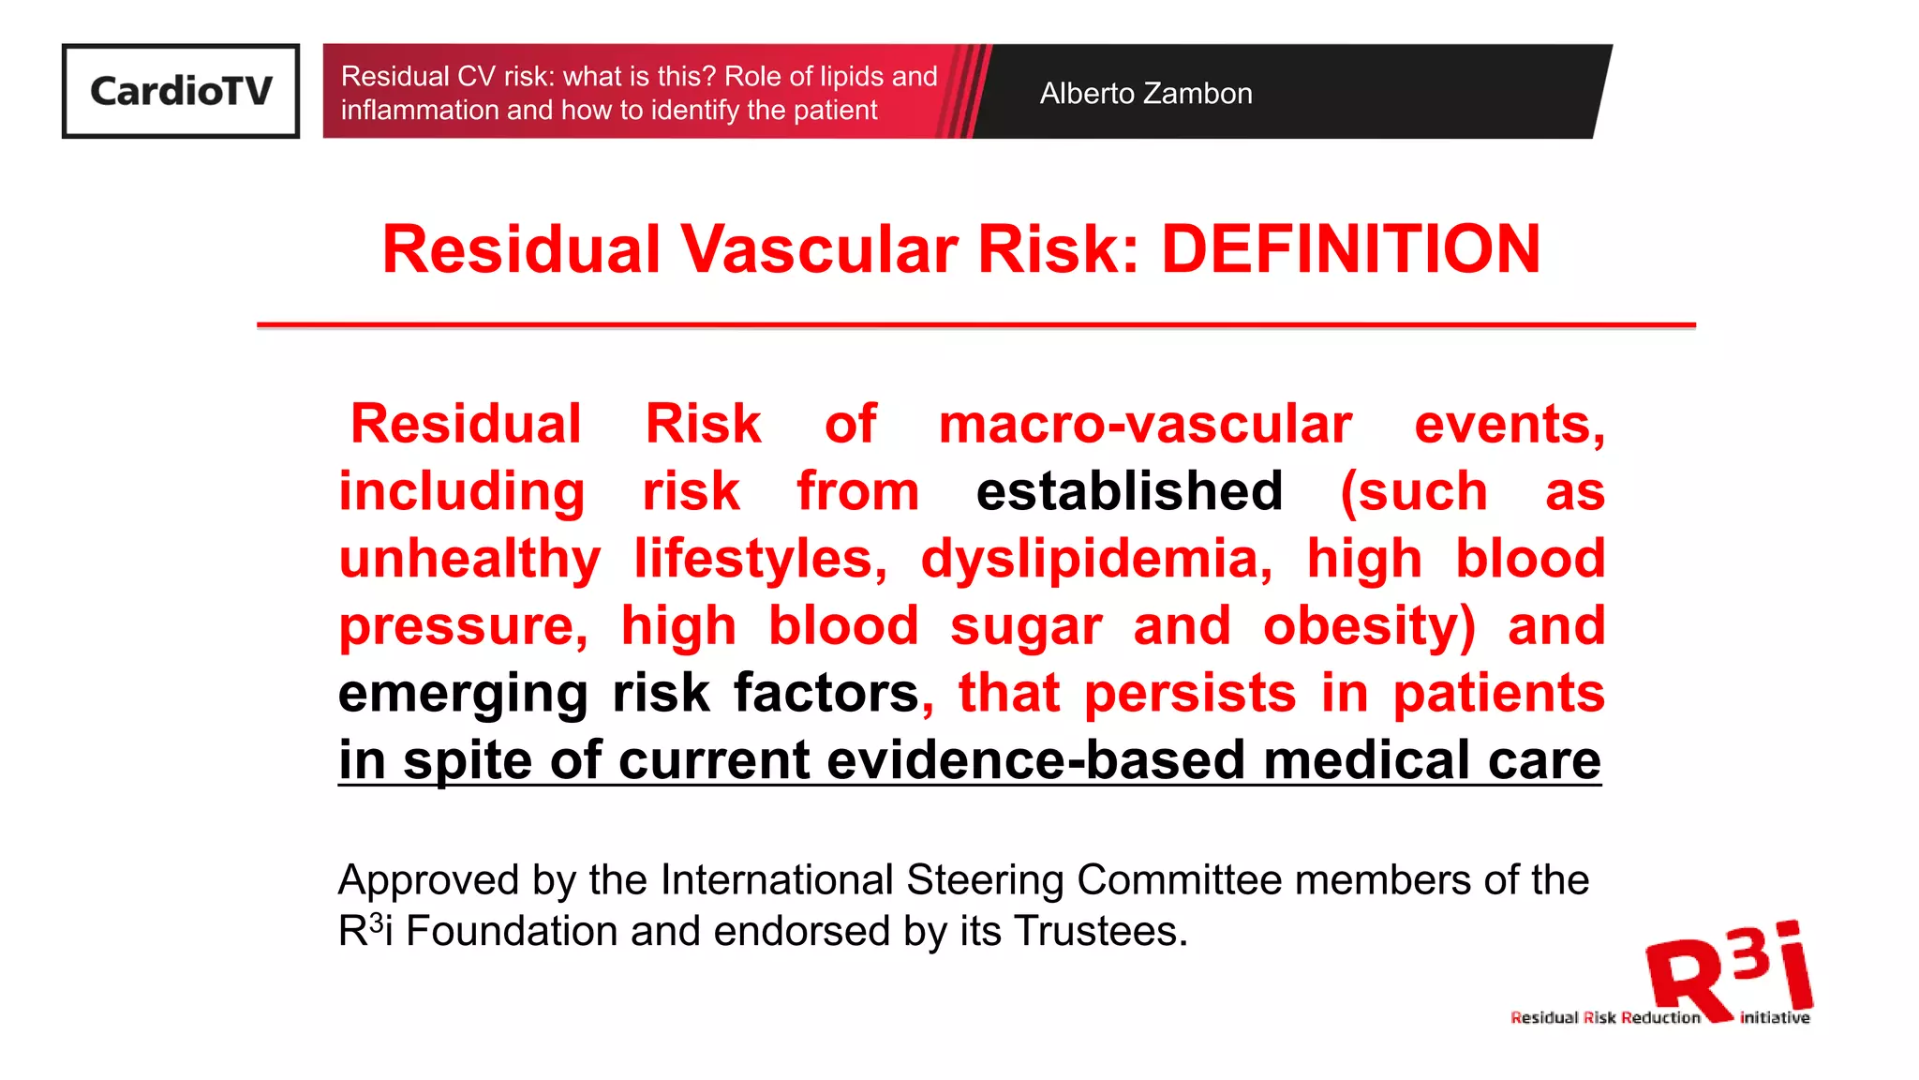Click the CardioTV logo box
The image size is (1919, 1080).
tap(181, 91)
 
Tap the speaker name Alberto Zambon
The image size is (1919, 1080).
tap(1145, 94)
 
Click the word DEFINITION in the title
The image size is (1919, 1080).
tap(1350, 249)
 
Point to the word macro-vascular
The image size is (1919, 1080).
tap(1145, 425)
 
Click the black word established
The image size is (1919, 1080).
tap(1129, 491)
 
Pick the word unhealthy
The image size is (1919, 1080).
tap(469, 560)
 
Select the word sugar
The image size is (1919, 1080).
tap(1026, 626)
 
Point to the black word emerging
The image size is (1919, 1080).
tap(463, 694)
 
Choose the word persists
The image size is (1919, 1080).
tap(1190, 694)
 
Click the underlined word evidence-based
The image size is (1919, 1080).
tap(1036, 759)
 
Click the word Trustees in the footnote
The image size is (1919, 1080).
tap(1101, 932)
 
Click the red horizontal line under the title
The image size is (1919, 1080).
tap(975, 325)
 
